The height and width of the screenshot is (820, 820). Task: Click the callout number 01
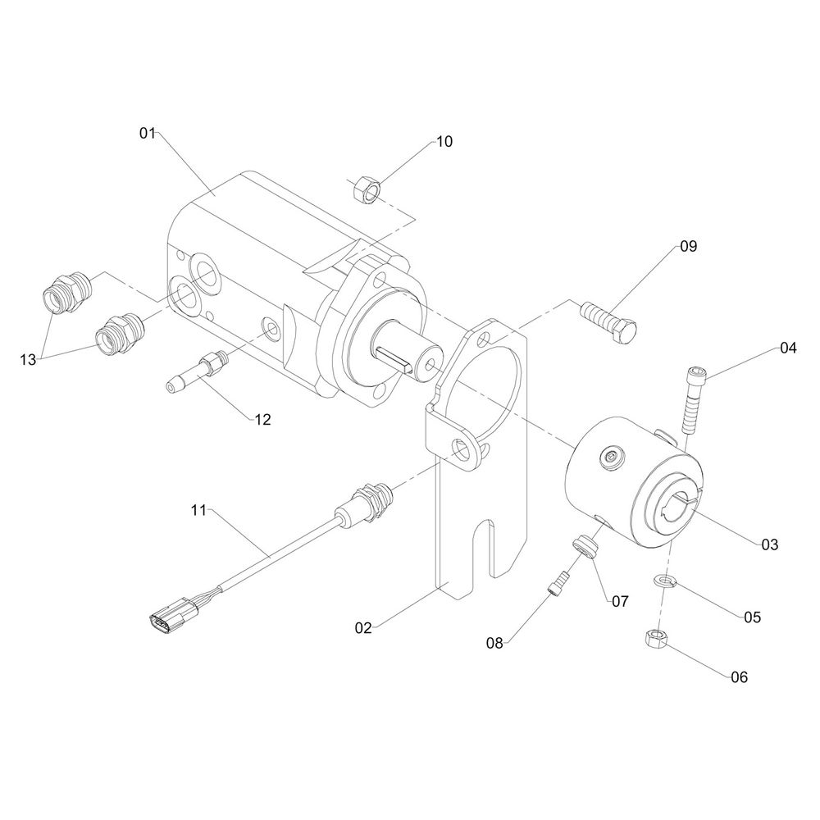[147, 133]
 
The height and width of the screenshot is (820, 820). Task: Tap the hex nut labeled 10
[367, 190]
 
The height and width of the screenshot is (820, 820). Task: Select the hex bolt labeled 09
[608, 321]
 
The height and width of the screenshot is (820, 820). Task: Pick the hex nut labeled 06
[656, 640]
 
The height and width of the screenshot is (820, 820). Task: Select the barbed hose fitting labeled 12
[198, 371]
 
